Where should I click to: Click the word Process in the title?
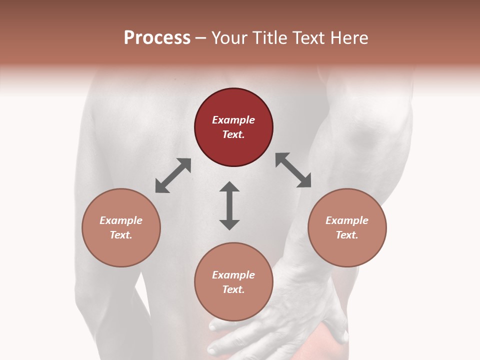click(x=157, y=38)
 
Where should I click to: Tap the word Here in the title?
click(x=349, y=38)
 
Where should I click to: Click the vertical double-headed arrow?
click(x=229, y=205)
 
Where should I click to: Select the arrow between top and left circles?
click(x=173, y=175)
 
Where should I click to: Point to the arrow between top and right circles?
click(x=293, y=170)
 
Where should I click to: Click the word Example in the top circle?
click(x=233, y=120)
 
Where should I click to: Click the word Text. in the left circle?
click(x=121, y=235)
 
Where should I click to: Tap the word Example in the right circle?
click(x=347, y=220)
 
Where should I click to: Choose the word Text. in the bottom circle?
click(x=233, y=289)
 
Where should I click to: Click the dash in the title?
click(x=201, y=38)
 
